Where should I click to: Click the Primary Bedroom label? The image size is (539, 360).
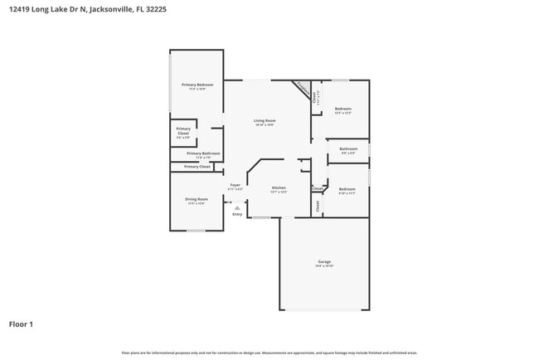click(x=197, y=85)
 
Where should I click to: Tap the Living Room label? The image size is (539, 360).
click(x=265, y=121)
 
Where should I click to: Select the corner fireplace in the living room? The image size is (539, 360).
click(x=303, y=89)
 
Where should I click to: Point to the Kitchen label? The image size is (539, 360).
click(x=279, y=188)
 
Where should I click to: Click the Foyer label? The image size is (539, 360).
click(x=235, y=185)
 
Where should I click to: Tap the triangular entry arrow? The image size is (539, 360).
click(x=237, y=207)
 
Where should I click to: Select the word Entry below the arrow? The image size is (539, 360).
click(x=237, y=214)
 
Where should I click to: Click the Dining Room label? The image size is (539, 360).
click(x=197, y=199)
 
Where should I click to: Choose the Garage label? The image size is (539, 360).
click(x=323, y=261)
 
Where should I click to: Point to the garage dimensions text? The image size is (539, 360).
click(x=323, y=266)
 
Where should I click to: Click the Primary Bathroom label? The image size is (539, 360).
click(x=203, y=153)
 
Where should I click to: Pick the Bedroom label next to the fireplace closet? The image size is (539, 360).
click(x=343, y=109)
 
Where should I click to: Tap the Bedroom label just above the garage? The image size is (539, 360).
click(x=347, y=189)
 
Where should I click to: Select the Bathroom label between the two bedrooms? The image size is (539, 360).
click(x=347, y=149)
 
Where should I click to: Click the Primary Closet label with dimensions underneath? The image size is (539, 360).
click(x=183, y=131)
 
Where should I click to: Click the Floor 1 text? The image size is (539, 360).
click(x=21, y=324)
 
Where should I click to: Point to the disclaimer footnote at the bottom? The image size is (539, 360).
click(x=269, y=353)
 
